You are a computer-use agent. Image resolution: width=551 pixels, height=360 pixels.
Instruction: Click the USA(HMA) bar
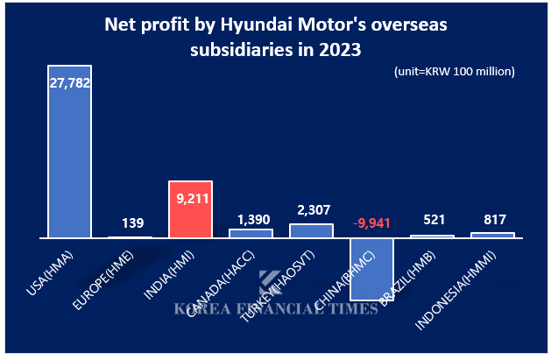(x=70, y=158)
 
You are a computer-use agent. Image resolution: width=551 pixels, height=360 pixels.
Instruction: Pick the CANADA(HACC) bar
(x=251, y=233)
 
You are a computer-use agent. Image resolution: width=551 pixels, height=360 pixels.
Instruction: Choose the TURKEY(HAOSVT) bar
(x=312, y=230)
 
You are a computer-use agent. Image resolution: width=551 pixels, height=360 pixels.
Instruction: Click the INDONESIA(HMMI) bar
(x=492, y=235)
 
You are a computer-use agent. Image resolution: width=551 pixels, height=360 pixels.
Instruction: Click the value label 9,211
(x=191, y=199)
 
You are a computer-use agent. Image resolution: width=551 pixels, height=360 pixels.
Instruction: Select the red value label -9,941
(x=372, y=222)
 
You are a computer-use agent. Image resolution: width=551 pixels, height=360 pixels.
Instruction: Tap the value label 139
(x=131, y=224)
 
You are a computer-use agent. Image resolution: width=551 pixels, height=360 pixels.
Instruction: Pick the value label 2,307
(x=312, y=210)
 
